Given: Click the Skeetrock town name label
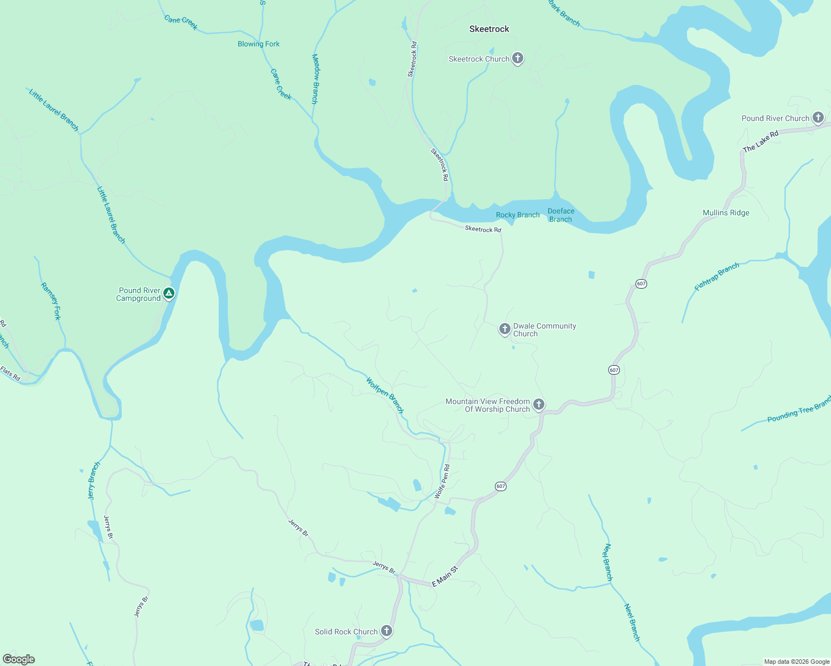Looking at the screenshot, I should pos(489,29).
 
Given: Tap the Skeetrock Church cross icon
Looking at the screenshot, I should pos(518,58).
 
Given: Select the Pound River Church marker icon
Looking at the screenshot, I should pos(818,118).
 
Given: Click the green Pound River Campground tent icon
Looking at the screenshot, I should pos(169,293).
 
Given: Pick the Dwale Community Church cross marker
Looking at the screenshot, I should pos(504,329).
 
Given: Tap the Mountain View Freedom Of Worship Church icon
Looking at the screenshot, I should pos(538,405).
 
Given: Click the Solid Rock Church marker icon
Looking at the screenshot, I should pos(387,631).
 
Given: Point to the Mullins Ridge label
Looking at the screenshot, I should pos(725,213).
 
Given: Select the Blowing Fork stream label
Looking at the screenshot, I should pos(258,44).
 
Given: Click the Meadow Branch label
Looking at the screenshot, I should pos(315,79).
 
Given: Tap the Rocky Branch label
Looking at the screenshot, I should pos(517,215).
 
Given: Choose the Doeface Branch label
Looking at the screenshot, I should pos(560,215).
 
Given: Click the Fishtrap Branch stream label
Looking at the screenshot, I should pos(717,276).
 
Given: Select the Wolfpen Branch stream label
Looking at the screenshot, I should pos(384,394).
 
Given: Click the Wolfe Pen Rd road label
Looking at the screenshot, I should pos(442,481).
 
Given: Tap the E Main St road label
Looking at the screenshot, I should pos(445,577).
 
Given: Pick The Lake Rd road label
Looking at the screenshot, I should pos(760,141).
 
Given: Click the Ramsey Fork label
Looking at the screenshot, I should pos(50,301).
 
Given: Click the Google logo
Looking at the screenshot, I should pos(19,659).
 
